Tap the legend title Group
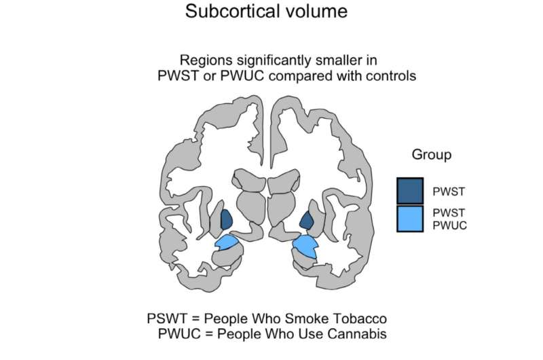tap(431, 155)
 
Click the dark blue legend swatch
tap(410, 190)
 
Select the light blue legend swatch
tap(410, 217)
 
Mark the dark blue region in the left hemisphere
tap(227, 219)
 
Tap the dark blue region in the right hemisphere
tap(307, 219)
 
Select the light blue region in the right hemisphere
tap(305, 246)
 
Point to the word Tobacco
tap(362, 319)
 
